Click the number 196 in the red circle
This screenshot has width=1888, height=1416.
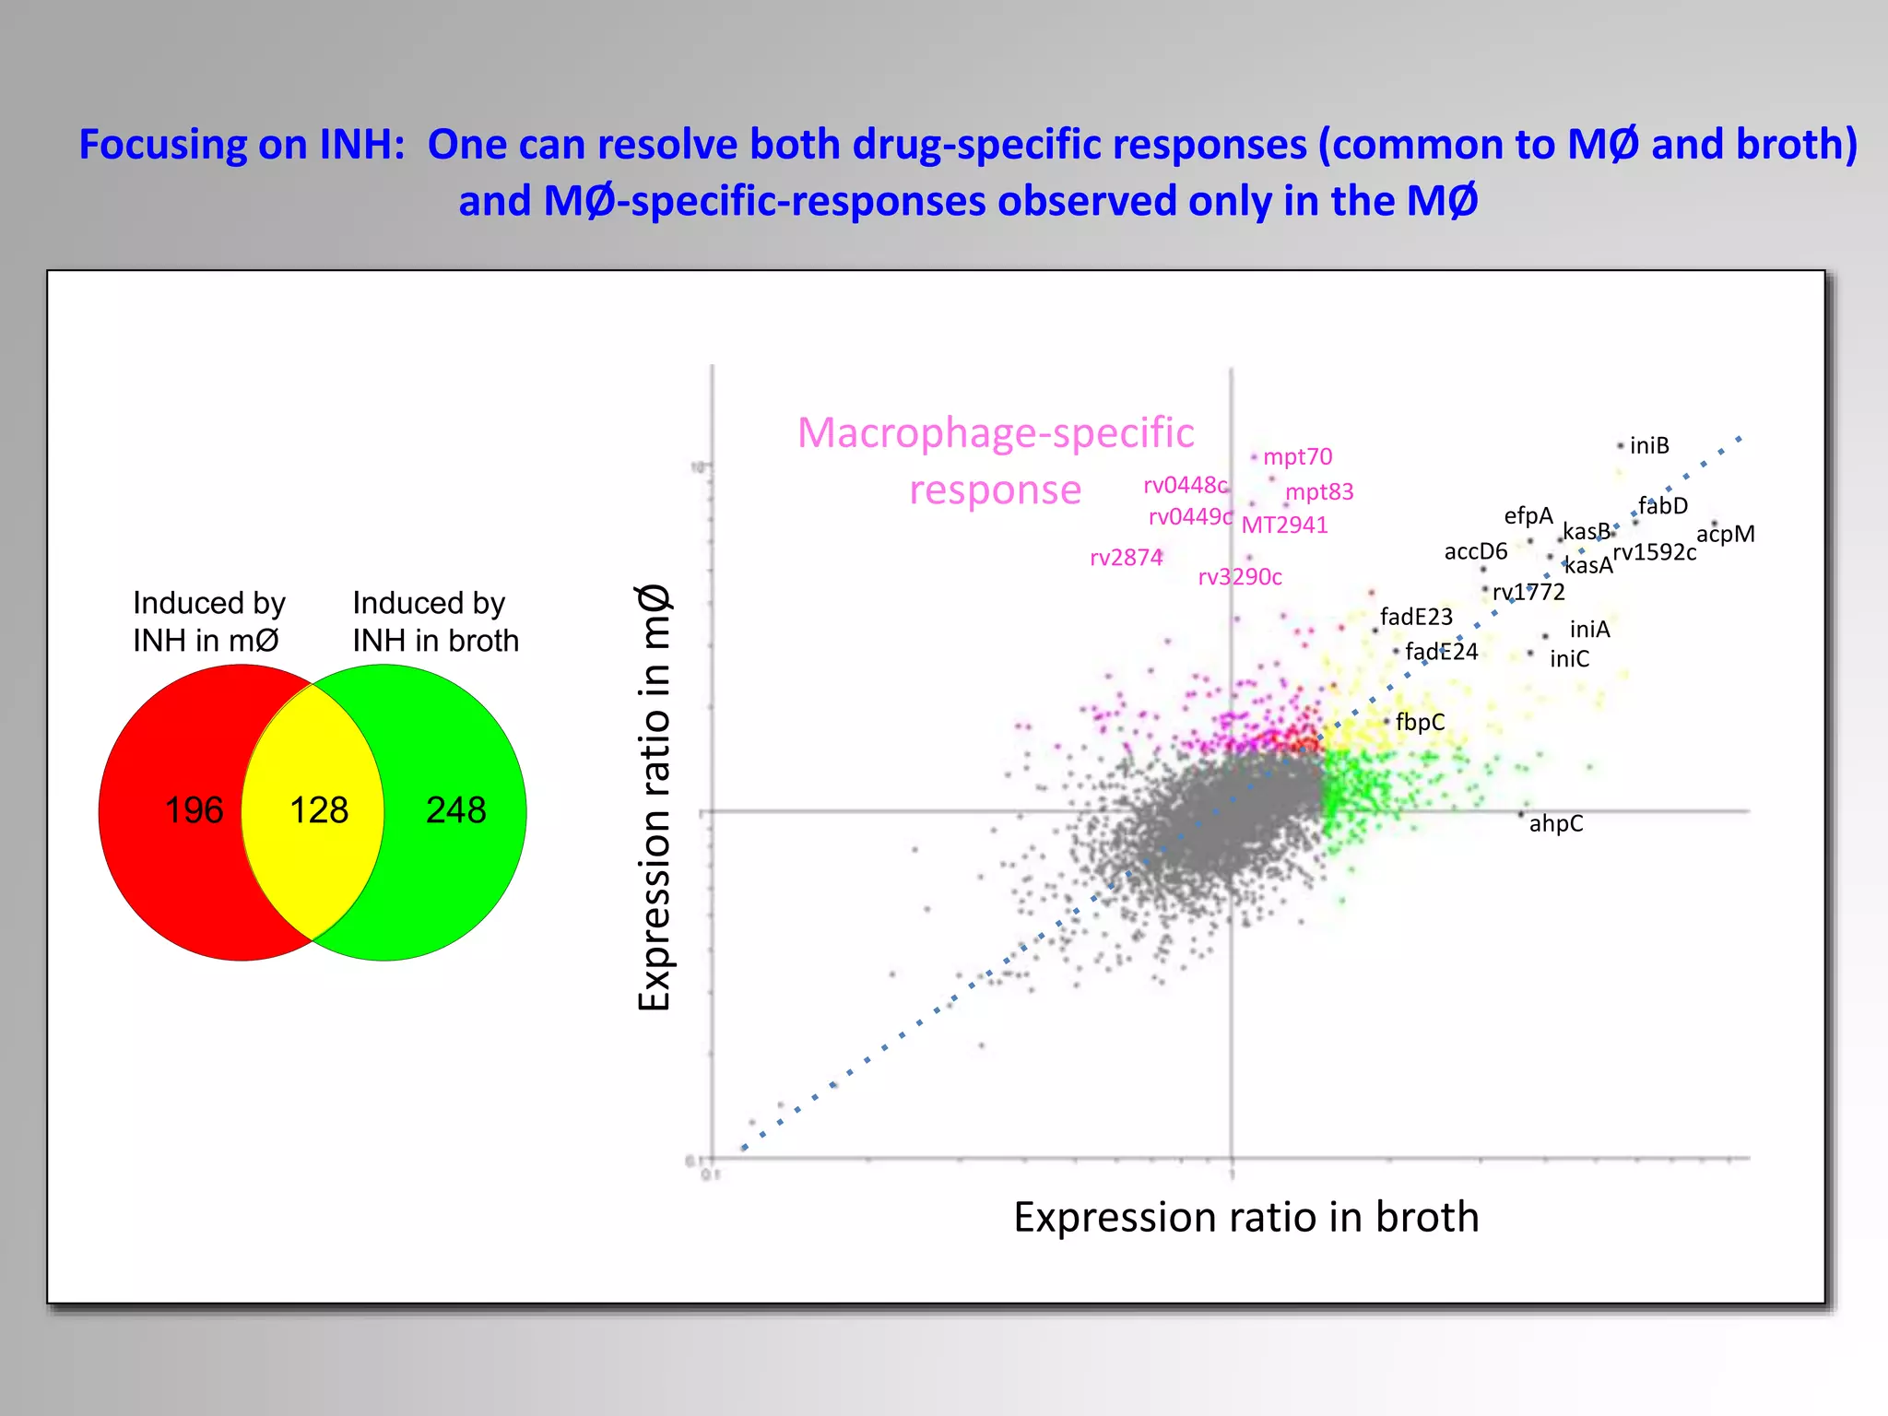tap(194, 810)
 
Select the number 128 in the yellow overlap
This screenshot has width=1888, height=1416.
tap(319, 810)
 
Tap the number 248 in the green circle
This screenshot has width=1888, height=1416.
tap(455, 810)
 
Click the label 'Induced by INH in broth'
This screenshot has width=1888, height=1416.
tap(435, 621)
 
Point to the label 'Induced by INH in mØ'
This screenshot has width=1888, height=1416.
tap(209, 621)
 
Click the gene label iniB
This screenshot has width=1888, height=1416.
tap(1649, 446)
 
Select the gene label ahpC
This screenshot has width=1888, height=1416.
tap(1555, 823)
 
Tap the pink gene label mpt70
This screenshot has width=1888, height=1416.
tap(1297, 457)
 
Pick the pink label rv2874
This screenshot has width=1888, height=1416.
tap(1126, 558)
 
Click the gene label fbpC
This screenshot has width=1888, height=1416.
tap(1420, 722)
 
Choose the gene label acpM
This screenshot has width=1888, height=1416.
tap(1725, 534)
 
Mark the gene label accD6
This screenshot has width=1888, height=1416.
tap(1475, 551)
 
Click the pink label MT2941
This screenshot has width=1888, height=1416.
tap(1284, 525)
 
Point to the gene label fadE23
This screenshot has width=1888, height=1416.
tap(1416, 617)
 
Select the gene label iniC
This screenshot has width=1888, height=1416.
tap(1569, 659)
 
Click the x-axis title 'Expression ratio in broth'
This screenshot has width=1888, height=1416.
tap(1245, 1217)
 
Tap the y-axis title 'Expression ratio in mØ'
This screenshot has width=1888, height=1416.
tap(655, 797)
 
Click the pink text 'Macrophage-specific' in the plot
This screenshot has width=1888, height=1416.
tap(996, 433)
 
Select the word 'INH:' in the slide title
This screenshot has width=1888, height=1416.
tap(362, 145)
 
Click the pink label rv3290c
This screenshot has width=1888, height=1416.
tap(1240, 577)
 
